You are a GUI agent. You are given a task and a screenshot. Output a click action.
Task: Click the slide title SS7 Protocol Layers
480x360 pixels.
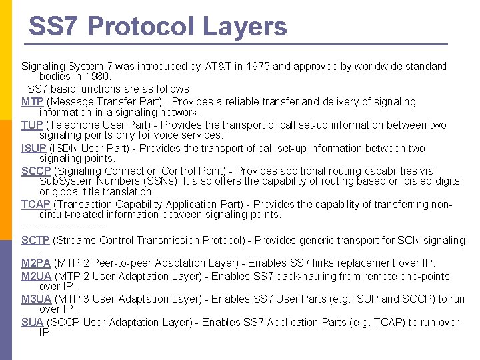[157, 27]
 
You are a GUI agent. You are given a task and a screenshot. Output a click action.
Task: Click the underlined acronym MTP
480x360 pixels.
[33, 102]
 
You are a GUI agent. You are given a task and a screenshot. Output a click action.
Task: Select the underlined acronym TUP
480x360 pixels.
[32, 125]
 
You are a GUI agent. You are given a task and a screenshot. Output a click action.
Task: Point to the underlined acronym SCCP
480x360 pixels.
[36, 171]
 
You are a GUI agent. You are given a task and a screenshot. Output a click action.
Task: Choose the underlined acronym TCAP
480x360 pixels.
[36, 205]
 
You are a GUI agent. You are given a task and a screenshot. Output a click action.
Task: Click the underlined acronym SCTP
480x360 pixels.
[36, 240]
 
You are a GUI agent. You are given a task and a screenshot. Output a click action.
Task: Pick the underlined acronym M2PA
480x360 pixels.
[36, 263]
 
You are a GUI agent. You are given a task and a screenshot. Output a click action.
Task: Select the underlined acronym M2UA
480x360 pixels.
[36, 277]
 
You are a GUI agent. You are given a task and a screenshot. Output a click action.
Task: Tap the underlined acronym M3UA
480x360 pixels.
[36, 299]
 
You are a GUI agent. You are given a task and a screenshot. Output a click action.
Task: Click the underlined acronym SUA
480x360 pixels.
[33, 323]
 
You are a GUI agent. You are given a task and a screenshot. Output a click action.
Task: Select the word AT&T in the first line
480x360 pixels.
[197, 67]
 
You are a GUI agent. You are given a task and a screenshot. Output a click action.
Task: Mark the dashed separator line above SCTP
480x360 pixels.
[62, 228]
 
